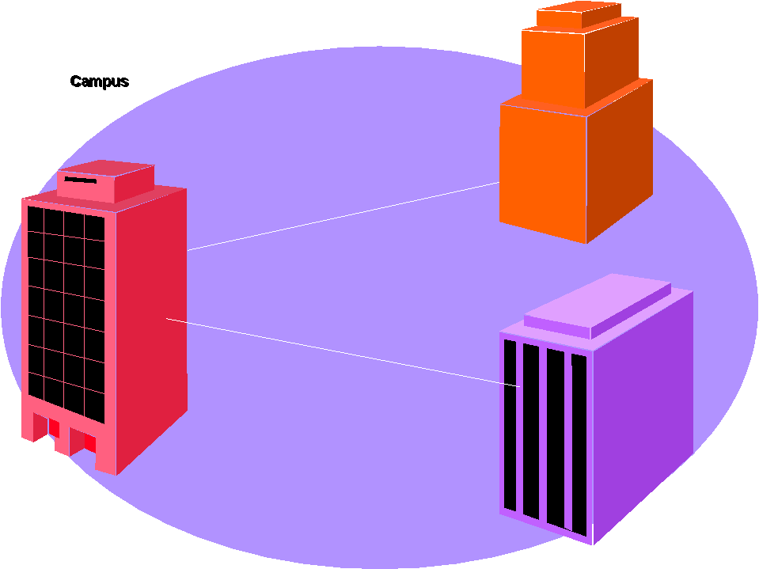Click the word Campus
pyautogui.click(x=99, y=82)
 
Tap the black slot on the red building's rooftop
pyautogui.click(x=80, y=180)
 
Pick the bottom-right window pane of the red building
pyautogui.click(x=94, y=406)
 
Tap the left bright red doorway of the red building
pyautogui.click(x=54, y=427)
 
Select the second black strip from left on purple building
pyautogui.click(x=531, y=431)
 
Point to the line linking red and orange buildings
pyautogui.click(x=344, y=216)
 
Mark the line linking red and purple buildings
pyautogui.click(x=340, y=351)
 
